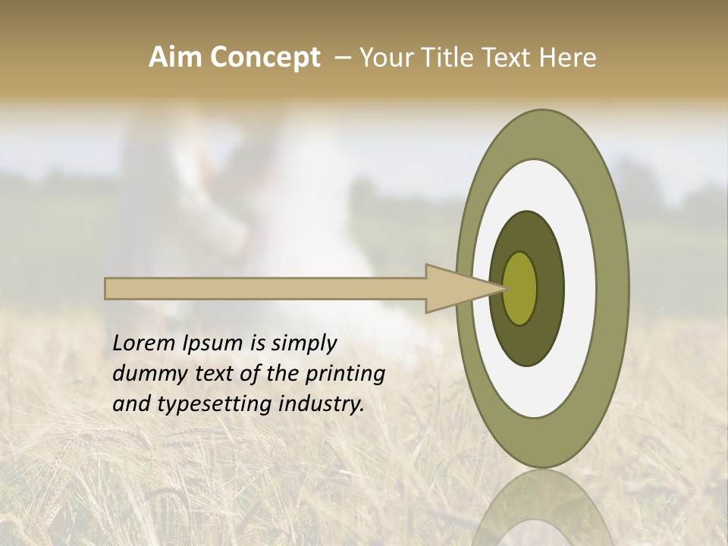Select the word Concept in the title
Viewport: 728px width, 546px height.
click(265, 58)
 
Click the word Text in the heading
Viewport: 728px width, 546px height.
click(510, 58)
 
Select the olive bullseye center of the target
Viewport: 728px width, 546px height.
click(520, 288)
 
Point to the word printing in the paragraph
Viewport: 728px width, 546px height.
click(344, 375)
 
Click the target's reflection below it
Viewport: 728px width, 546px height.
click(542, 508)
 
